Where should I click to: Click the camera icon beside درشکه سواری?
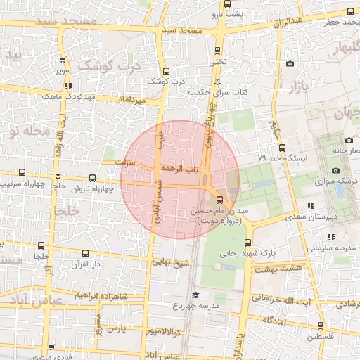pos(335,171)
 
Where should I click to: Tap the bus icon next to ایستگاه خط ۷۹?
pos(282,148)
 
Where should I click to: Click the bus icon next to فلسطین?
pos(321,326)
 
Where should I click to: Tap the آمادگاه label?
pos(274,319)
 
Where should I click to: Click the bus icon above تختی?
pos(217,51)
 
